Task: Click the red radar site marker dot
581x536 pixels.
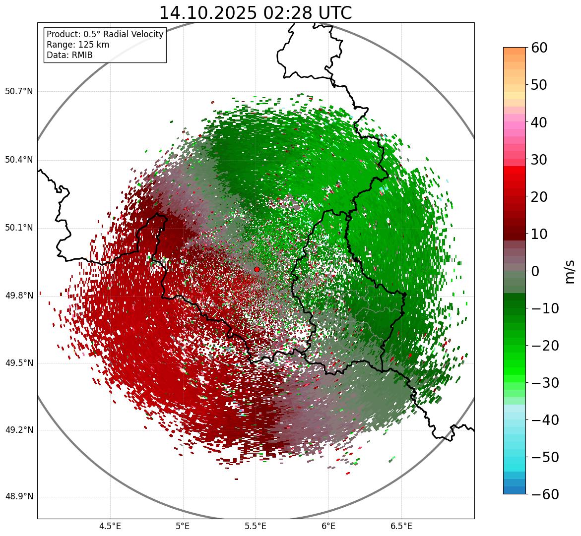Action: point(257,269)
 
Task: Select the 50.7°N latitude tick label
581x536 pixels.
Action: point(19,92)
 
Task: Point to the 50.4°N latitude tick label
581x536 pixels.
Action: point(19,160)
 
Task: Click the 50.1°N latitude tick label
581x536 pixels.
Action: point(19,228)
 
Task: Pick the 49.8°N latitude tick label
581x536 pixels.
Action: point(19,296)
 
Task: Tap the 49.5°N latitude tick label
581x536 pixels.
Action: point(19,363)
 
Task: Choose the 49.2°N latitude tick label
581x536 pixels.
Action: point(19,430)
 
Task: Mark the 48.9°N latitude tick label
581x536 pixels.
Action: point(19,497)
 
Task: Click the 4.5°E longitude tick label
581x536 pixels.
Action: point(110,526)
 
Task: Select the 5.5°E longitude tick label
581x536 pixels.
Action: point(256,526)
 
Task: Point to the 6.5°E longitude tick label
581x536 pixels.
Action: point(401,526)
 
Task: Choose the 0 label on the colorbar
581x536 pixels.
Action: point(535,271)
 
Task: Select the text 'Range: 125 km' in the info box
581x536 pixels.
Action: point(78,45)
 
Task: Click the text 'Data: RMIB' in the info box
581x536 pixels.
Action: point(69,55)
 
